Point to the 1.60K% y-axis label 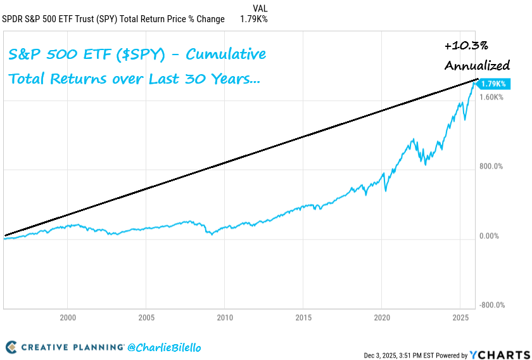[x=491, y=97]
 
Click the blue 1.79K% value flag [x=493, y=84]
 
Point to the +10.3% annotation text [x=465, y=46]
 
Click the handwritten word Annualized [x=477, y=65]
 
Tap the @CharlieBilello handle [x=164, y=347]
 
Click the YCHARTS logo [x=501, y=354]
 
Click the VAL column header [x=260, y=8]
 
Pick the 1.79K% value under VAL [x=253, y=19]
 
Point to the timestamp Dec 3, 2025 [x=386, y=355]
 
